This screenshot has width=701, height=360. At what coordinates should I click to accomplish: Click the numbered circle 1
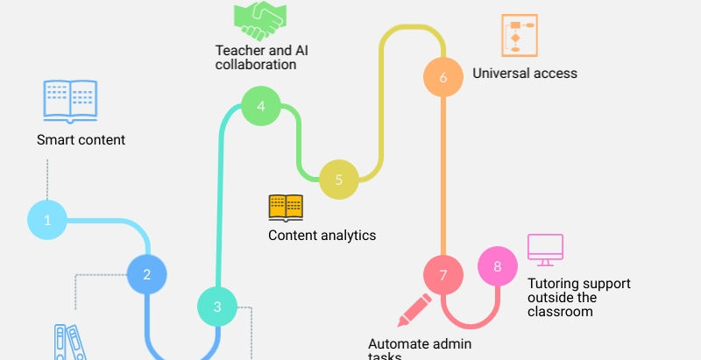47,220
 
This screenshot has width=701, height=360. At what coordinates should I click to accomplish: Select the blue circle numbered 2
147,274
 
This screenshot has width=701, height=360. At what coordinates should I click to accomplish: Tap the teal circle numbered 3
217,307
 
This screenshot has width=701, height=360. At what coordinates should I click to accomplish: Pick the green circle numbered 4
261,107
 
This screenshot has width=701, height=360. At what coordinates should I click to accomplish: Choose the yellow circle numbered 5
338,180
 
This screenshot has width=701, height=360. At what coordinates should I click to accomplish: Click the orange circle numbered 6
443,77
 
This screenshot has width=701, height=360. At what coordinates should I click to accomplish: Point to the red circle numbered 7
443,275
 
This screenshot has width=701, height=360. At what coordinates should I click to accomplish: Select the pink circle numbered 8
498,267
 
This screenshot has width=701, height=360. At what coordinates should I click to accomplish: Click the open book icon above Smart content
70,100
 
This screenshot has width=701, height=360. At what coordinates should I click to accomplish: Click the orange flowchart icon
518,36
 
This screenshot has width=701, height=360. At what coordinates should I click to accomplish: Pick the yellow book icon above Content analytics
286,208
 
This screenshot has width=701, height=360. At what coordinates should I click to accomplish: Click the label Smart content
81,139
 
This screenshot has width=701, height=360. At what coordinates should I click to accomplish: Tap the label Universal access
525,74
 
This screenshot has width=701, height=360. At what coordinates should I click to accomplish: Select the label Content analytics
322,235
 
